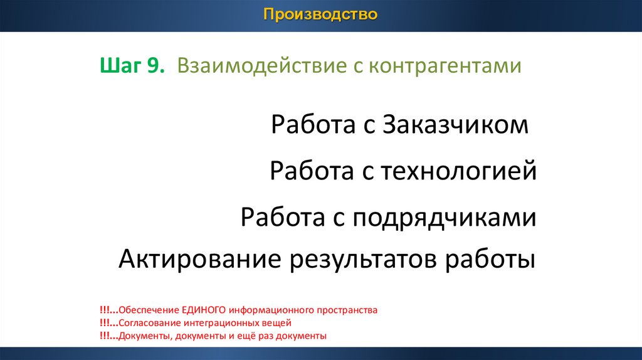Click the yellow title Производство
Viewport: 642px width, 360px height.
pos(320,14)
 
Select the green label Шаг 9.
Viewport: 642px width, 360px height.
pos(132,65)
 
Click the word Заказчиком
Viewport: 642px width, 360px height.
pos(455,125)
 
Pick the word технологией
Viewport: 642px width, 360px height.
pos(458,171)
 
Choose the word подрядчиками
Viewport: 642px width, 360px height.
pos(445,218)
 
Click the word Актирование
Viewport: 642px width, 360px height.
pos(200,259)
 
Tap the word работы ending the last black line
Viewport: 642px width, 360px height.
pos(490,260)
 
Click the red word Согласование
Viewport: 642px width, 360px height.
pos(150,323)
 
